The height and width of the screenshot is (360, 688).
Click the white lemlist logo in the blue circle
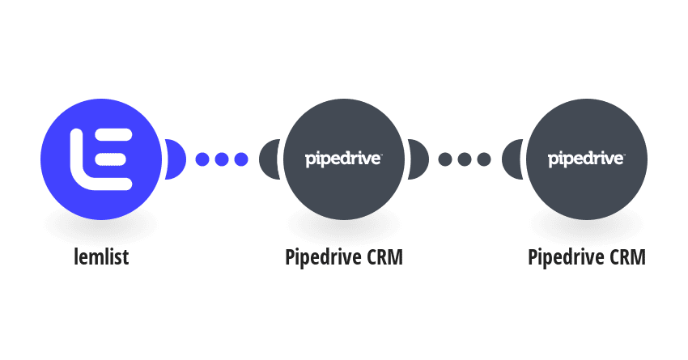click(101, 159)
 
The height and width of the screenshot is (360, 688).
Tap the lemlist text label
click(101, 257)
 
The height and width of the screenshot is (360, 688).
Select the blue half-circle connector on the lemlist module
click(176, 159)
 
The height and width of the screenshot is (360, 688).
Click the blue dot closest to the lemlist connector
click(202, 159)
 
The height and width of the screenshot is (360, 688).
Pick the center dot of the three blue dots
click(222, 159)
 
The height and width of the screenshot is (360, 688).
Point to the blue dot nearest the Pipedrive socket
click(241, 159)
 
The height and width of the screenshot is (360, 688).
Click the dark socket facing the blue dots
click(269, 159)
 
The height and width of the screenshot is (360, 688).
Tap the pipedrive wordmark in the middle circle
click(343, 159)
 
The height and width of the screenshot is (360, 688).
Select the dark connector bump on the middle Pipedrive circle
click(418, 159)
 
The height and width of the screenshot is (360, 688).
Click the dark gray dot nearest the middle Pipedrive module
click(445, 159)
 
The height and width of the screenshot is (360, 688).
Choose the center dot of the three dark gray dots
click(465, 159)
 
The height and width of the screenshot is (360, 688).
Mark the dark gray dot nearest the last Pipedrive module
click(484, 159)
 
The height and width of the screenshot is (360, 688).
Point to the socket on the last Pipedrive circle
click(512, 159)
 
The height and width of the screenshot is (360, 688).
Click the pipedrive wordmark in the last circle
click(587, 159)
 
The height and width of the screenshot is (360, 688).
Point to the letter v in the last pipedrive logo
click(607, 159)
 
